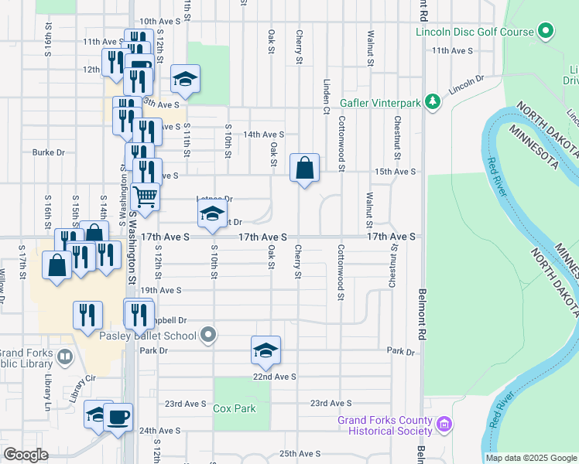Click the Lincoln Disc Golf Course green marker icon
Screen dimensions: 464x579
(x=546, y=32)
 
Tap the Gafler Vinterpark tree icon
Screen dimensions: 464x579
(x=433, y=101)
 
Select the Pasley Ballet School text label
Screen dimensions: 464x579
(x=148, y=336)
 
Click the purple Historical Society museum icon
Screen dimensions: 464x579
(x=444, y=425)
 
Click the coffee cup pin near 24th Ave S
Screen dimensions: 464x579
(x=118, y=418)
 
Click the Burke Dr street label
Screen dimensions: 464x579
(x=48, y=152)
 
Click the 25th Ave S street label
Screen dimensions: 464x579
(x=299, y=453)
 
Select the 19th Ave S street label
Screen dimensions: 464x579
(x=161, y=290)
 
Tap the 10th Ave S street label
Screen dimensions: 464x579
(x=157, y=22)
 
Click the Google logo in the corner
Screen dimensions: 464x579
(x=26, y=455)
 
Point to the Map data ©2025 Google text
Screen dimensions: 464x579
(x=530, y=458)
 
